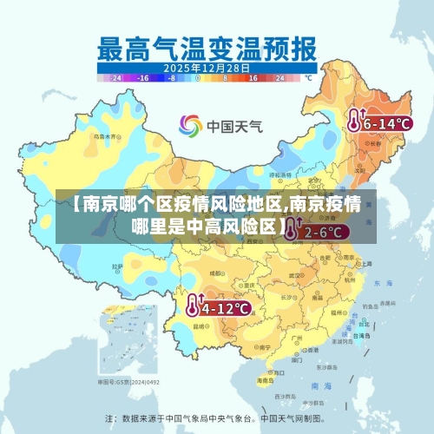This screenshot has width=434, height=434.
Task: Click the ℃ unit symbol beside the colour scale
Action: (x=307, y=77)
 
